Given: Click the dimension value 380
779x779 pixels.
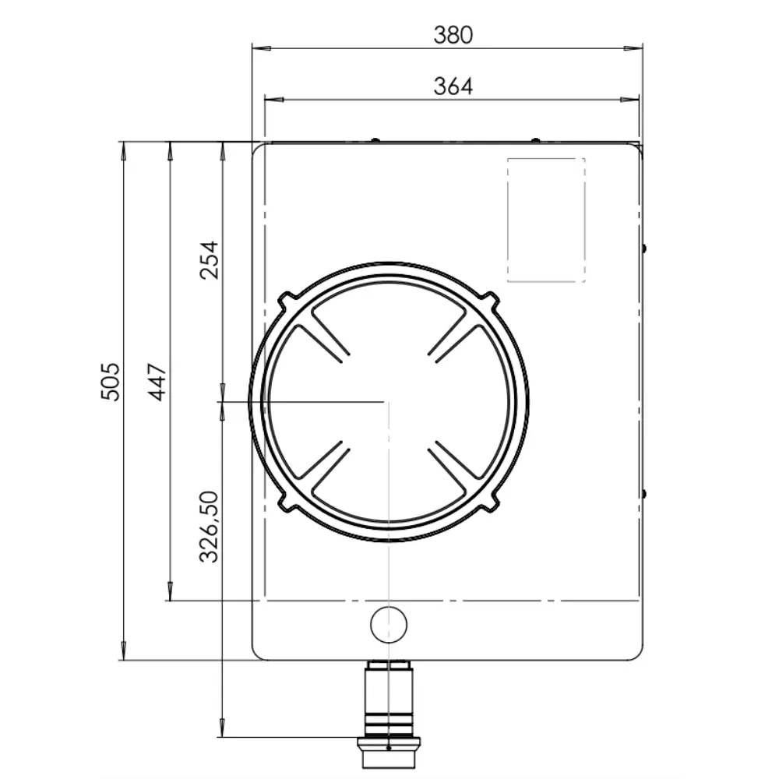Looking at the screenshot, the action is pyautogui.click(x=453, y=35).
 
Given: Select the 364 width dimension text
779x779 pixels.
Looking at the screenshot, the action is pyautogui.click(x=453, y=86).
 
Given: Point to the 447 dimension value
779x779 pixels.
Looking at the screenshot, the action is pyautogui.click(x=157, y=382).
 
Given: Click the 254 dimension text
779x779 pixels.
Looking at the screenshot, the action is pyautogui.click(x=209, y=260).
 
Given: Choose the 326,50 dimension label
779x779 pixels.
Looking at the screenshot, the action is pyautogui.click(x=209, y=527).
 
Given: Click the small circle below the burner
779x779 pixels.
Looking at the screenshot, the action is pyautogui.click(x=389, y=625).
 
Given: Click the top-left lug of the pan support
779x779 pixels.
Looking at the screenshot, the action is pyautogui.click(x=286, y=301).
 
